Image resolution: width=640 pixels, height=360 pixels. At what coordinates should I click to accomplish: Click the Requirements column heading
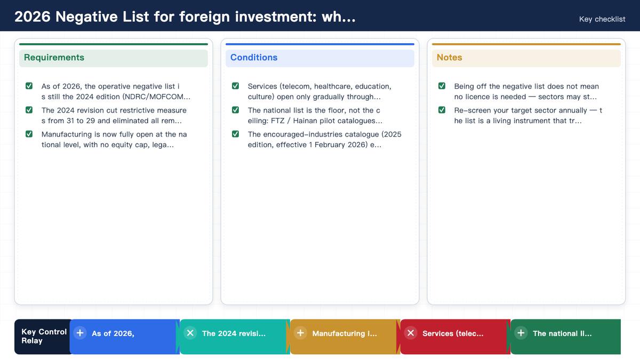(54, 58)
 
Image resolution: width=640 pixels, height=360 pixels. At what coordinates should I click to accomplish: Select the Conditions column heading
(254, 58)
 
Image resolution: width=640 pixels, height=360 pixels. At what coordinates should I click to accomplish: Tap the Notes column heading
(449, 58)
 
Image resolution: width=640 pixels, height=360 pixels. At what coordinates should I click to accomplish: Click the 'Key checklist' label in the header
(602, 19)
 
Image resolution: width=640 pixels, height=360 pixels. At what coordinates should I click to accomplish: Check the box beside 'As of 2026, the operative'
(29, 86)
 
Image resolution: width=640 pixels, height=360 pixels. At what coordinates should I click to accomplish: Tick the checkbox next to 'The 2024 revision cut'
(29, 110)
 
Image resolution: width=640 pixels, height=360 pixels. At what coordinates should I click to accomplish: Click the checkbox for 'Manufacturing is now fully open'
(29, 134)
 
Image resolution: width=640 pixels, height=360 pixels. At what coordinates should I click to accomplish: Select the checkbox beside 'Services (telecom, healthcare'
(235, 86)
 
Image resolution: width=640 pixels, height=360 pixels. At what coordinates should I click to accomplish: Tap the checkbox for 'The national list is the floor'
(235, 110)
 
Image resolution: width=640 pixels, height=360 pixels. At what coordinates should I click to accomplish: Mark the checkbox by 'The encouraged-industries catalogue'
(235, 134)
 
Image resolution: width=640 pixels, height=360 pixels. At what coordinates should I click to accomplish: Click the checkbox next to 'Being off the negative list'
(442, 86)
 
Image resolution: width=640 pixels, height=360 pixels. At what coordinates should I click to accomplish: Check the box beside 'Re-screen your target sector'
(442, 110)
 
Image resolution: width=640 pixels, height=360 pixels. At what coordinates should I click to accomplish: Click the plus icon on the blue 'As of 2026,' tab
(80, 333)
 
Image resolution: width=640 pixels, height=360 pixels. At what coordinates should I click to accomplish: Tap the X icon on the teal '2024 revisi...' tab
(190, 333)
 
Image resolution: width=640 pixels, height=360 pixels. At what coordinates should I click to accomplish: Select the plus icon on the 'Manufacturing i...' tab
(300, 333)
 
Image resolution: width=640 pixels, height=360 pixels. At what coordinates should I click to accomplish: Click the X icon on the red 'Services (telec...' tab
(411, 333)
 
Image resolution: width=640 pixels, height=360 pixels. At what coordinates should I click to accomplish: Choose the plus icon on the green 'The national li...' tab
(521, 333)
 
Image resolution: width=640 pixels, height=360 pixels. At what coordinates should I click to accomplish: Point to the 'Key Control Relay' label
(44, 337)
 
